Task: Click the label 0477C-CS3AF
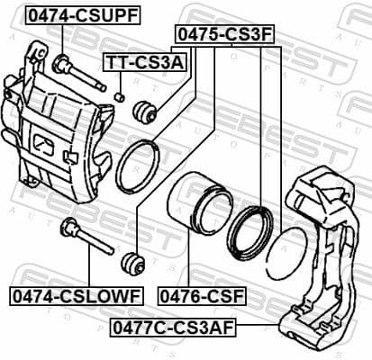click(x=172, y=328)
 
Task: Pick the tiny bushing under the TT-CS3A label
click(x=119, y=94)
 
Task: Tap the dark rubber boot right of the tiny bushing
click(x=145, y=112)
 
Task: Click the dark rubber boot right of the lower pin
click(x=132, y=264)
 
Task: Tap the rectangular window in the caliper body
click(x=46, y=144)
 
